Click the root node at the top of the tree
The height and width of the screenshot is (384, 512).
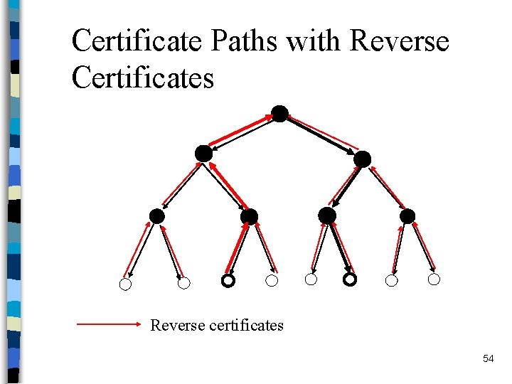tap(280, 114)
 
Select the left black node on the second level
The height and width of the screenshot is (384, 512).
tap(203, 153)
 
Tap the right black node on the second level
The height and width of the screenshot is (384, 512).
tap(362, 159)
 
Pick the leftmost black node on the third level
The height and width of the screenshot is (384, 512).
tap(157, 216)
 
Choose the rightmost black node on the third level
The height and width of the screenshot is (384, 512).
tap(407, 215)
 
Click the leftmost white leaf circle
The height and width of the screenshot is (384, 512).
tap(125, 284)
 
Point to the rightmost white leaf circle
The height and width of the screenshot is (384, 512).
tap(434, 279)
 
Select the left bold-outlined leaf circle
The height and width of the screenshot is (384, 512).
tap(227, 281)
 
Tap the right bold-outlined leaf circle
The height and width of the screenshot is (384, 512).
tap(349, 280)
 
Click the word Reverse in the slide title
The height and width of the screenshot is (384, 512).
tap(400, 41)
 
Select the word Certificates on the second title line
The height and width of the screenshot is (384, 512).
tap(142, 77)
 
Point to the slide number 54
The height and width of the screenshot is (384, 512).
tap(488, 358)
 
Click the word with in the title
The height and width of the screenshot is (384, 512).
tap(315, 41)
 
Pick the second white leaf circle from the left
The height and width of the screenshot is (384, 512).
tap(183, 283)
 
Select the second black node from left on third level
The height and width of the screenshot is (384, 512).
tap(249, 216)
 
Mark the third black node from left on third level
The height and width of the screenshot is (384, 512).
tap(327, 215)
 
